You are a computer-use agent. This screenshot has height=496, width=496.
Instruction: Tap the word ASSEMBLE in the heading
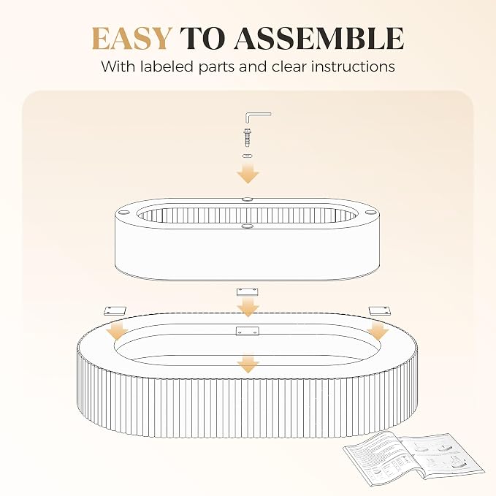click(x=318, y=39)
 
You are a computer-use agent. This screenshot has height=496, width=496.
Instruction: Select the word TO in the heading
click(x=203, y=39)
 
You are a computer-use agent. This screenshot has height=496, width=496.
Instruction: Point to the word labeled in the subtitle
click(x=167, y=66)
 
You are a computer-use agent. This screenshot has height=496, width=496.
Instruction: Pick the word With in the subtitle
click(x=118, y=66)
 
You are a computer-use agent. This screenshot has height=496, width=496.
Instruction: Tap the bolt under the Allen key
click(x=248, y=137)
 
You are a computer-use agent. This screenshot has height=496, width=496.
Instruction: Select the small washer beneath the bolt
click(x=248, y=156)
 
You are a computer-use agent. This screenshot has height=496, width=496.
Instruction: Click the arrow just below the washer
click(x=248, y=173)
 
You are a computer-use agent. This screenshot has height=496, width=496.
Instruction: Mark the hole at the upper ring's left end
click(x=124, y=211)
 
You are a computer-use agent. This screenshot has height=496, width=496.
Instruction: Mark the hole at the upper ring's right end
click(x=369, y=212)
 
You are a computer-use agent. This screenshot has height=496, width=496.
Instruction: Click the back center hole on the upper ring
click(x=248, y=199)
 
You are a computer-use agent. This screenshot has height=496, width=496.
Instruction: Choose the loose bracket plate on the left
click(x=115, y=310)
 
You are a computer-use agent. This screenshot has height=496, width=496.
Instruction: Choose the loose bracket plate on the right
click(x=379, y=310)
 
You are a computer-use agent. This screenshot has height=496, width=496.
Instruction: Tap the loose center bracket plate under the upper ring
click(x=248, y=292)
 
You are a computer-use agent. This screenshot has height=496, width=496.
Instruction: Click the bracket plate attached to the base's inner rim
click(x=248, y=331)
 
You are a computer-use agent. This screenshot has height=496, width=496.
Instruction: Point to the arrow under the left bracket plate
click(x=118, y=331)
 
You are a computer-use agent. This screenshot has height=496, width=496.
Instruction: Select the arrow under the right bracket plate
click(x=378, y=331)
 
